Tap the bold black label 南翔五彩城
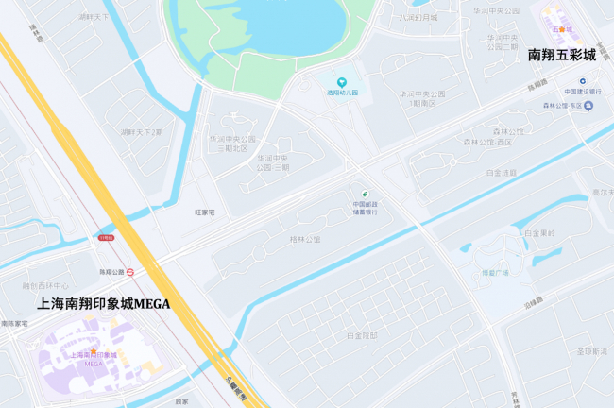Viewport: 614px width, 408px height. click(x=562, y=56)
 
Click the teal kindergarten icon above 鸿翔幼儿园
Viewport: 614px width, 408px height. click(x=343, y=81)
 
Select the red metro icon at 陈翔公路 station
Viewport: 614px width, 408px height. click(x=130, y=271)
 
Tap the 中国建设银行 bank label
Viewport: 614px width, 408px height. click(x=583, y=92)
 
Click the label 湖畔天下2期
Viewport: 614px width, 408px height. click(x=142, y=132)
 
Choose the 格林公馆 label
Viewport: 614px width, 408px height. click(x=304, y=240)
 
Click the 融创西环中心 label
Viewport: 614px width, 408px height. click(x=46, y=285)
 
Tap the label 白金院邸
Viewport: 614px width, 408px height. click(x=362, y=335)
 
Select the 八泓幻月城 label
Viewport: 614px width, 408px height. click(x=418, y=17)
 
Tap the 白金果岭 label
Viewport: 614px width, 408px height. click(x=539, y=232)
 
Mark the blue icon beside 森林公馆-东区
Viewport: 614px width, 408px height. click(x=588, y=105)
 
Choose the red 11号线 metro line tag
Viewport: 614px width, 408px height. click(x=105, y=238)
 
